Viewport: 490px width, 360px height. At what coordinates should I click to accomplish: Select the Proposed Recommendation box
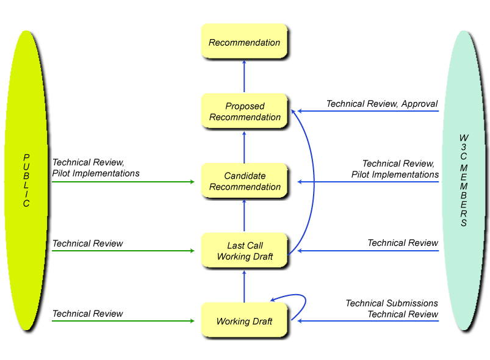click(x=243, y=110)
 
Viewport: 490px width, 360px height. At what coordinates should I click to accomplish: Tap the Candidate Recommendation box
click(x=243, y=181)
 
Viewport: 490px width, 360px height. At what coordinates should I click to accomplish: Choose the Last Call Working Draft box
click(x=243, y=250)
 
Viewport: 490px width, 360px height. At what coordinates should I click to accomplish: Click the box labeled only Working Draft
click(x=243, y=322)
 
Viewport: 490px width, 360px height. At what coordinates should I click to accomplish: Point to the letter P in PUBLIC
click(x=26, y=157)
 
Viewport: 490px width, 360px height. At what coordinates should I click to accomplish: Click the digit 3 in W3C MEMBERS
click(x=464, y=148)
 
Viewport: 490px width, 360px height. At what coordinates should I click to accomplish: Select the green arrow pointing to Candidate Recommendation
click(x=122, y=182)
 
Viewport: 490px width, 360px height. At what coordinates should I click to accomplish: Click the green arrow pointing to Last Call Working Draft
click(x=122, y=251)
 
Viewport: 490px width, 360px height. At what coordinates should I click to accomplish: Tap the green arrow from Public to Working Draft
click(x=122, y=321)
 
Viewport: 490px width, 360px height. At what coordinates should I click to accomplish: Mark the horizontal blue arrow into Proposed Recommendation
click(x=366, y=111)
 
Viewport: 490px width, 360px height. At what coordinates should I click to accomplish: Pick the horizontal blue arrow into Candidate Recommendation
click(x=366, y=182)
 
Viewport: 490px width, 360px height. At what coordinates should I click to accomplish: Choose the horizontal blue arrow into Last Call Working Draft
click(x=366, y=251)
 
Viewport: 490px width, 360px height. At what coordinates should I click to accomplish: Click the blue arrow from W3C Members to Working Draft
click(x=366, y=321)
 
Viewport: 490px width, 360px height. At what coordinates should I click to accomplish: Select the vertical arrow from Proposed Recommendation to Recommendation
click(x=244, y=76)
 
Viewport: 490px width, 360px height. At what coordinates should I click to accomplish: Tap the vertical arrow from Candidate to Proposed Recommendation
click(x=244, y=146)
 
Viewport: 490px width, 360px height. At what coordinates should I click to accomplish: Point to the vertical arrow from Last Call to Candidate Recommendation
click(x=244, y=215)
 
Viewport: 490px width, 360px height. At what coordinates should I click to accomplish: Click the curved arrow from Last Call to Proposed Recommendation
click(x=314, y=183)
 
